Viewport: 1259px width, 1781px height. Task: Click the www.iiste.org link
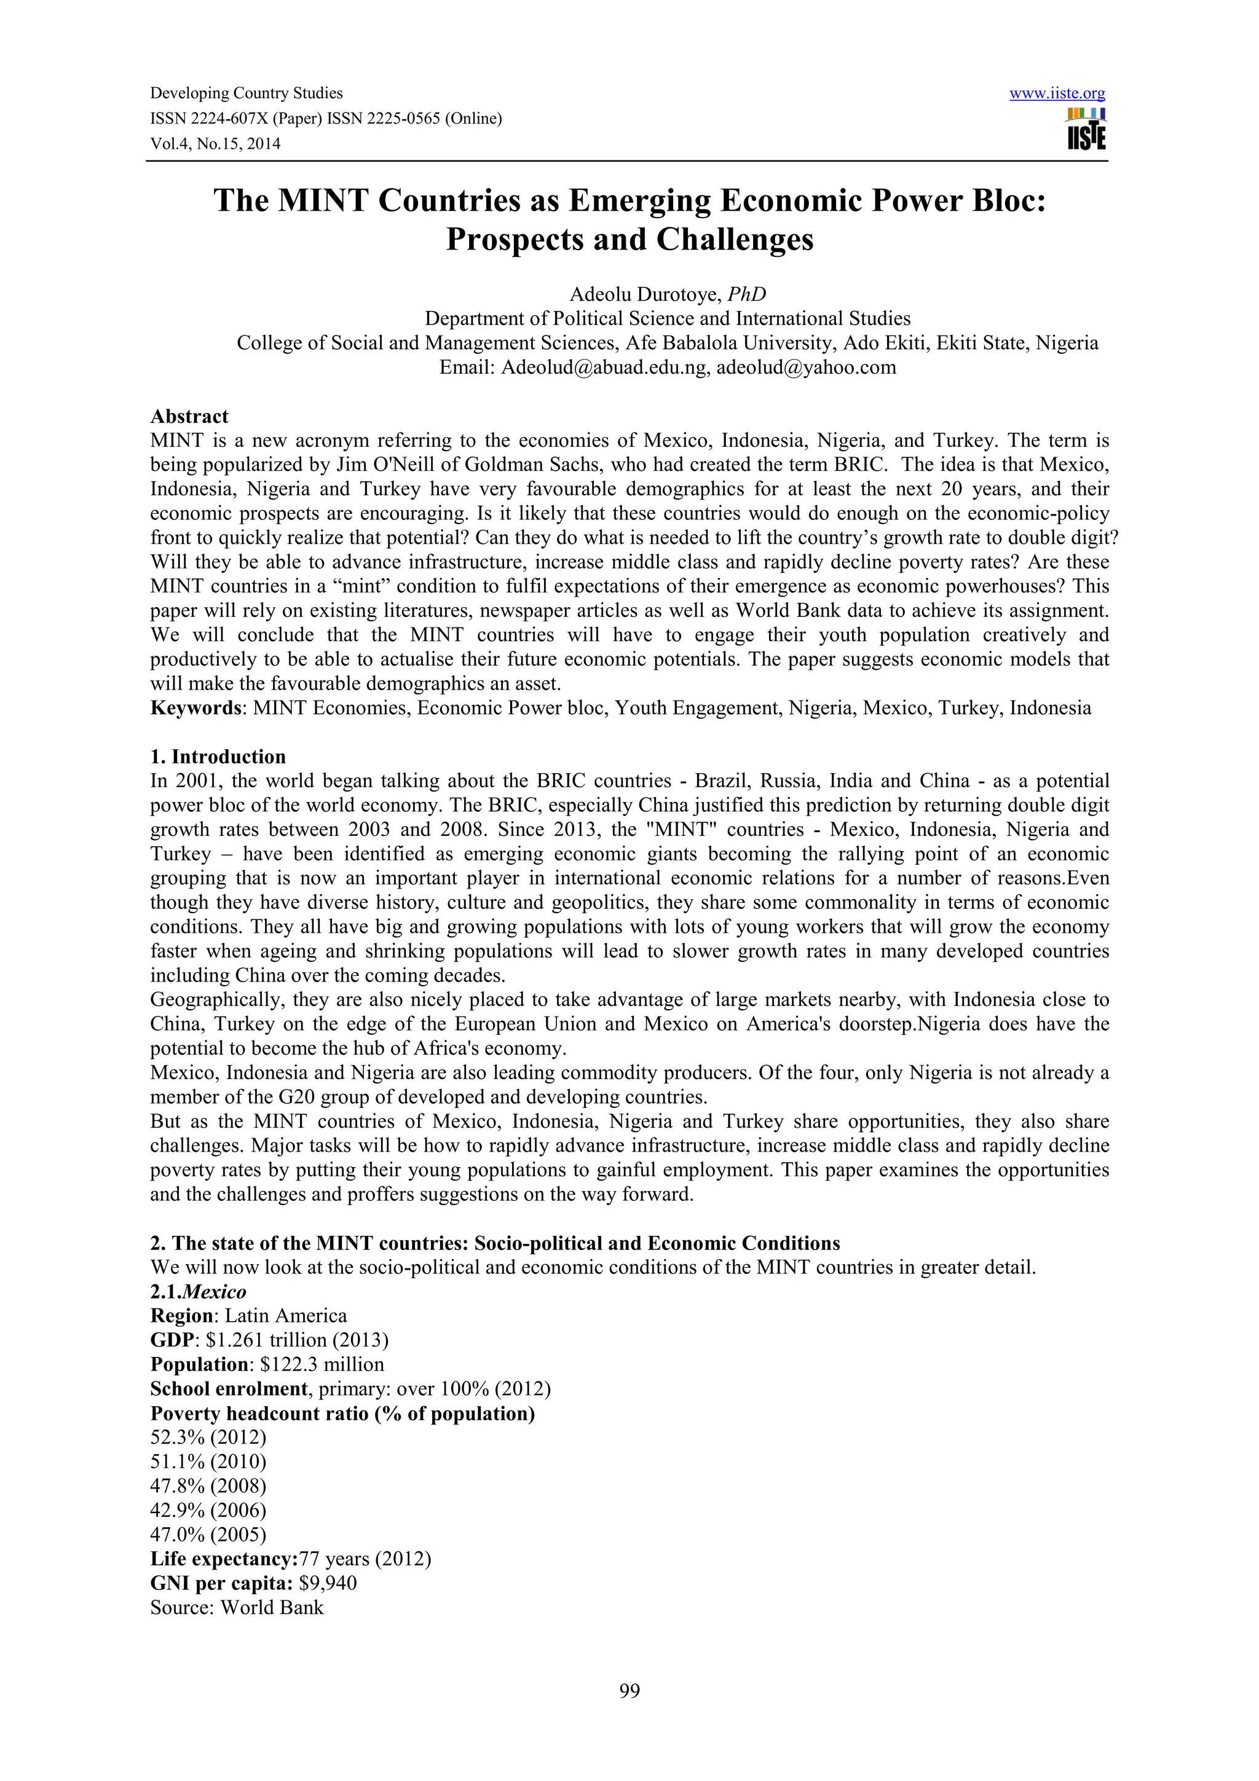point(1057,94)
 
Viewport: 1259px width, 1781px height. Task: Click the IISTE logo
point(1086,130)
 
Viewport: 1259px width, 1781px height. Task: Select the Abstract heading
point(189,417)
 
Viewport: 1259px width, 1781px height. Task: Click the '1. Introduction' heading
point(218,757)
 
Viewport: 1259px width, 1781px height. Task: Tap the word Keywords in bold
point(195,708)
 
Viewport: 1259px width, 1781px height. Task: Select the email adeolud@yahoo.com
point(806,368)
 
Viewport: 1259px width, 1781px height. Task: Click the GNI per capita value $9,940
point(328,1583)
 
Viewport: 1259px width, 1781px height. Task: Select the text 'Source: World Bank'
point(237,1607)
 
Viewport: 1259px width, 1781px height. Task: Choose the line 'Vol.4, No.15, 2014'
point(215,144)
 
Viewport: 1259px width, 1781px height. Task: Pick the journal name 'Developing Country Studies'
point(246,94)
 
